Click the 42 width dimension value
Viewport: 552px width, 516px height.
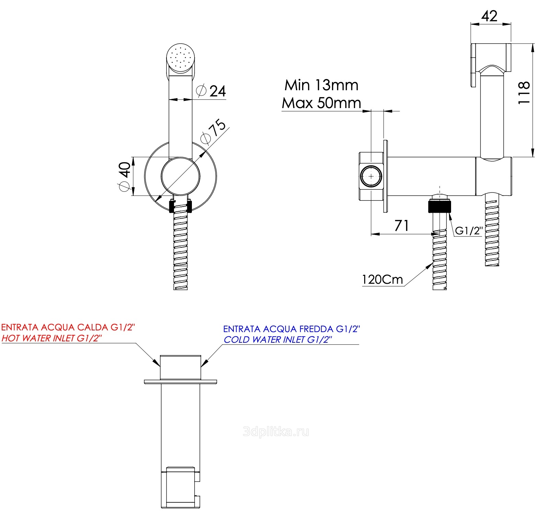click(x=489, y=16)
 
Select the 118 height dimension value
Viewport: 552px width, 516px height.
click(x=524, y=93)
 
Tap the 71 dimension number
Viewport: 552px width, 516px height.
click(x=402, y=225)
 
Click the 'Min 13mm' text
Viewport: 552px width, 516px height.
click(x=321, y=85)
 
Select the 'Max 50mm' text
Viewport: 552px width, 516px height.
click(x=321, y=103)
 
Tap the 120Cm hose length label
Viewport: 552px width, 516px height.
click(x=382, y=280)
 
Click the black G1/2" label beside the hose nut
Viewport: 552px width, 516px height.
click(x=469, y=231)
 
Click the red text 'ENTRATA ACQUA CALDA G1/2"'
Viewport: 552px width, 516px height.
click(x=68, y=327)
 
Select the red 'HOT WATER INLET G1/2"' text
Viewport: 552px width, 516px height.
click(x=52, y=338)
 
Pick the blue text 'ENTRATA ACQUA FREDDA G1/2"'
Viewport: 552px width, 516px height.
click(x=291, y=329)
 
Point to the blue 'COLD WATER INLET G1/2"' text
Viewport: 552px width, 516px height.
click(x=278, y=340)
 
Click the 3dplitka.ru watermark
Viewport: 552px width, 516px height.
click(x=276, y=432)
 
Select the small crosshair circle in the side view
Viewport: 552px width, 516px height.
click(x=371, y=176)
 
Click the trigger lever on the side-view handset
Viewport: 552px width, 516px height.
click(x=474, y=65)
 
